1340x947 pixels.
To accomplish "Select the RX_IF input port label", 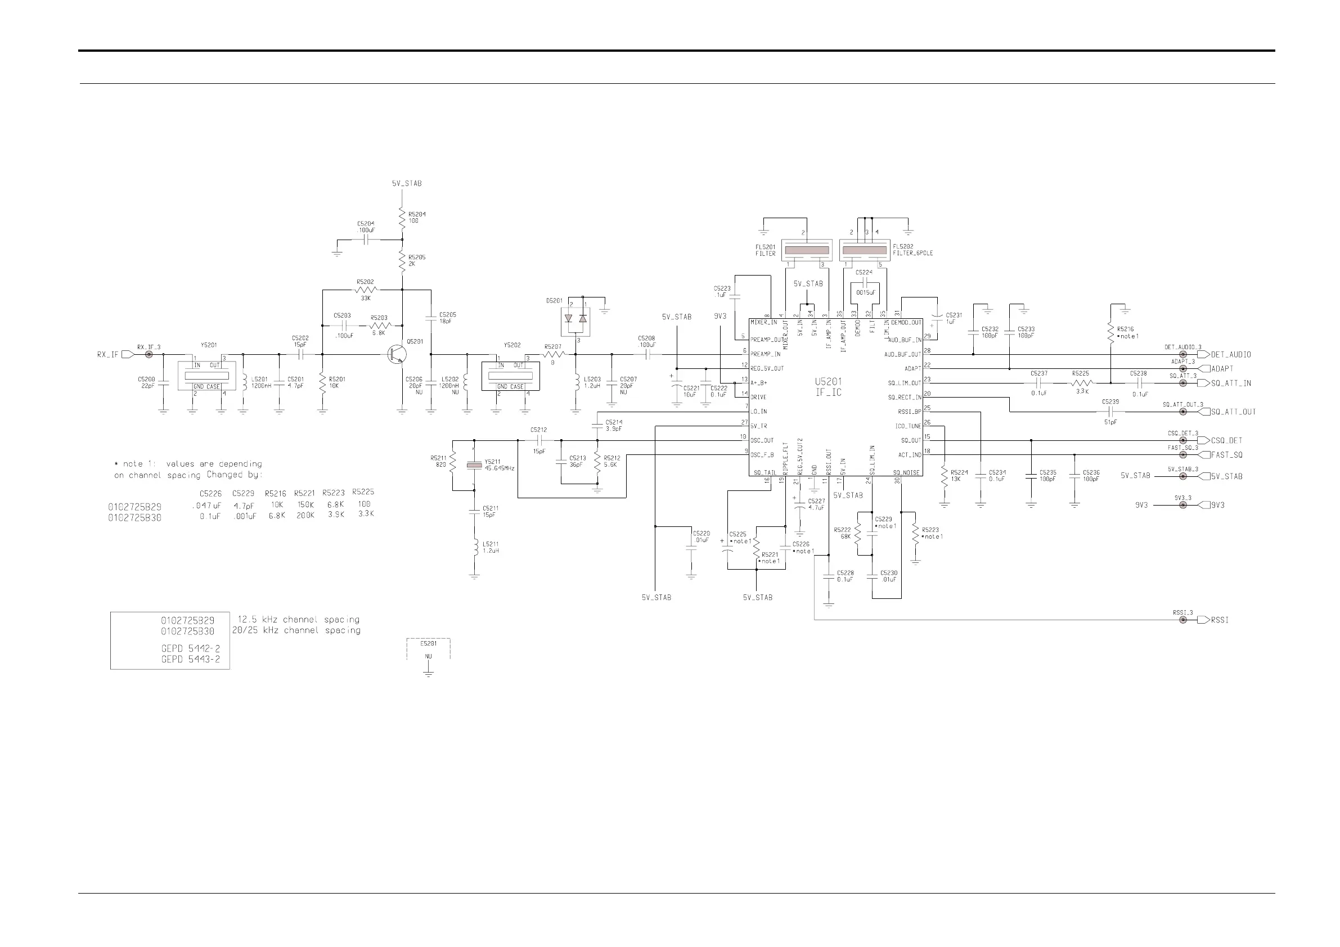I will tap(107, 354).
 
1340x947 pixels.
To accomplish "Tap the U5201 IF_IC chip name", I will tap(828, 387).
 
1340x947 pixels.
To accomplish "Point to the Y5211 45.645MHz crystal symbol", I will tap(474, 465).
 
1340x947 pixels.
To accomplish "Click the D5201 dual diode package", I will tap(575, 322).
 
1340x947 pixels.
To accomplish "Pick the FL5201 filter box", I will tap(806, 250).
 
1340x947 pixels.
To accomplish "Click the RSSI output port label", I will tap(1219, 620).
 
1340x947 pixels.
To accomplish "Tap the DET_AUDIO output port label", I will tap(1231, 354).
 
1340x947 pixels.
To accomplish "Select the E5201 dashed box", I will tap(428, 650).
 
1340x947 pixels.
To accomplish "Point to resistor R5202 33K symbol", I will tap(366, 290).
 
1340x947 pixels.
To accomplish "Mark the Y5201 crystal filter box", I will tap(206, 375).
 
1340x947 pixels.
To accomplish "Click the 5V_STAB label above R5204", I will tap(406, 183).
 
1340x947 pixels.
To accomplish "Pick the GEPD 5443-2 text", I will tap(190, 659).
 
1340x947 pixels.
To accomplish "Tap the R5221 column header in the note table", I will tap(305, 494).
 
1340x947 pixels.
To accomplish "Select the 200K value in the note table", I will tap(305, 516).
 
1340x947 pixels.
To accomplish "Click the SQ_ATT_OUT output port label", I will tap(1233, 412).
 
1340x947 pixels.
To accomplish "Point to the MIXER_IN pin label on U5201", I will tap(763, 323).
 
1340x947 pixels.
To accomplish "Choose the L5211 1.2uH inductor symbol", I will tap(475, 548).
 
